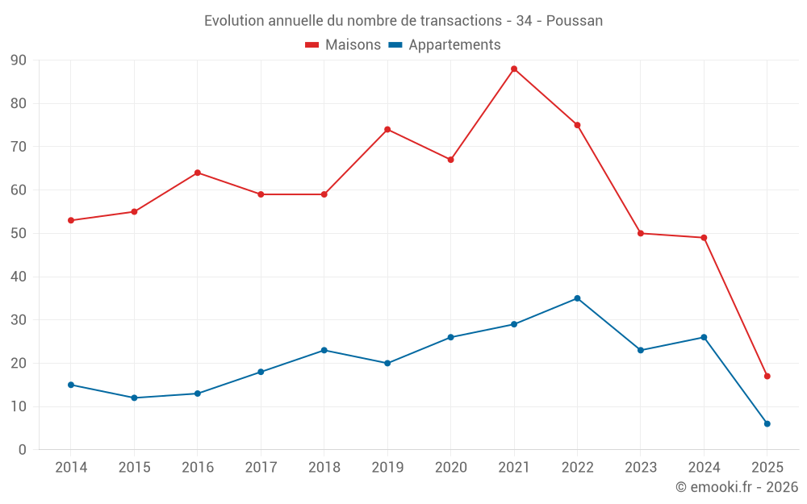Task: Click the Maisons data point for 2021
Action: (x=514, y=69)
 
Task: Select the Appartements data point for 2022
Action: (x=577, y=298)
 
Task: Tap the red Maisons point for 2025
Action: (x=767, y=376)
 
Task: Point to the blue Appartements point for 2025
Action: (x=767, y=423)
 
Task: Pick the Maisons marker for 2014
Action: (x=71, y=220)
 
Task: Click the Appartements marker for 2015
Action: (x=134, y=398)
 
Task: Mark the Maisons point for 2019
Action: (x=387, y=129)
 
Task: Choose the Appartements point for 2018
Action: (x=324, y=350)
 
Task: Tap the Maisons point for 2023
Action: (x=641, y=233)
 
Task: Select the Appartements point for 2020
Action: (x=450, y=337)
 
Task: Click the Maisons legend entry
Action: (x=343, y=45)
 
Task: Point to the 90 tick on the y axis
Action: (x=18, y=60)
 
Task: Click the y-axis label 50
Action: (x=18, y=234)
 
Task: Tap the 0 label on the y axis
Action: (x=22, y=450)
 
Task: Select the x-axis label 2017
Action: (x=261, y=468)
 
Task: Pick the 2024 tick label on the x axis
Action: (x=704, y=468)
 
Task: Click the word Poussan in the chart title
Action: (x=575, y=20)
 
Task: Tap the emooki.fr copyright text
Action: (x=737, y=487)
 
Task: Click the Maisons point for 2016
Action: (x=198, y=173)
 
